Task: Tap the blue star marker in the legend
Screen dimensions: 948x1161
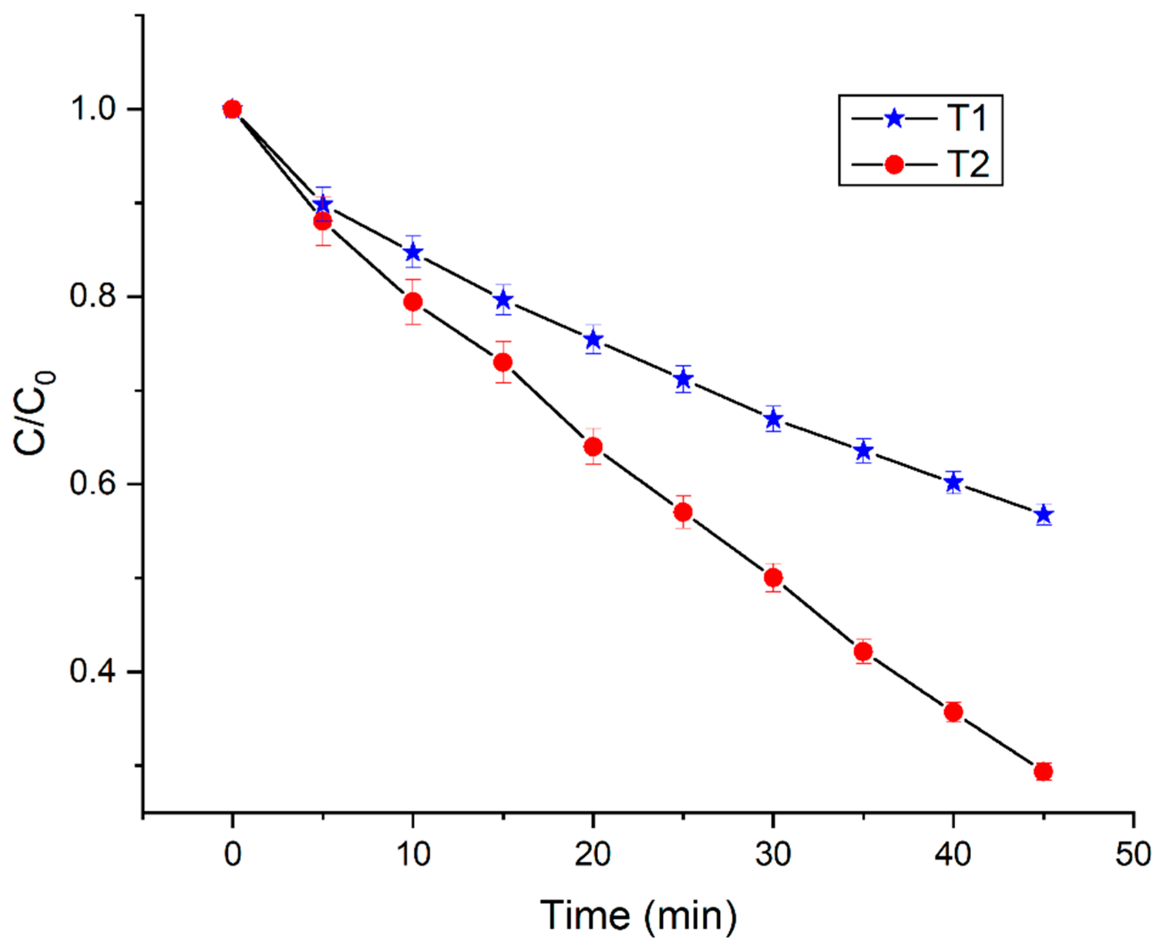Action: click(894, 118)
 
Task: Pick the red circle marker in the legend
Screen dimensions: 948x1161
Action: click(894, 164)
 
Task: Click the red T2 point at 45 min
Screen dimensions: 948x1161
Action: click(1044, 771)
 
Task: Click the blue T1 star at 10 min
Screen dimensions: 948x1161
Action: click(413, 252)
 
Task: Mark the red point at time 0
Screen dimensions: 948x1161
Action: click(232, 110)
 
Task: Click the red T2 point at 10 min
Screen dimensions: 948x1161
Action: click(413, 301)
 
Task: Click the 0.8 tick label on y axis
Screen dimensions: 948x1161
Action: click(93, 297)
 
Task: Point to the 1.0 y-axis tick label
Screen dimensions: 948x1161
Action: click(93, 109)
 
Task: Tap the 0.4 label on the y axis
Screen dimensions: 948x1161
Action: click(93, 671)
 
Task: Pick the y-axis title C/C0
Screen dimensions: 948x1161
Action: click(34, 413)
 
